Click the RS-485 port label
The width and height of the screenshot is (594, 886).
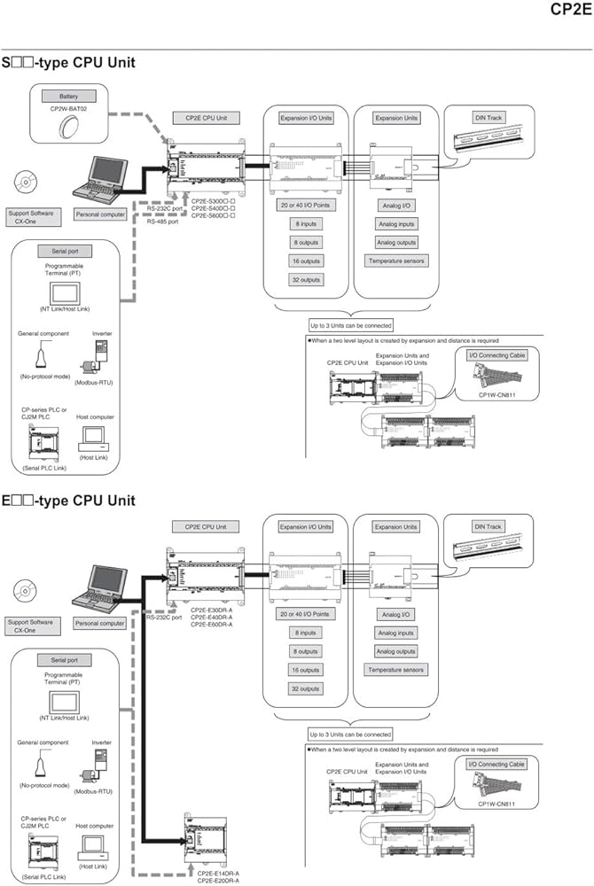163,221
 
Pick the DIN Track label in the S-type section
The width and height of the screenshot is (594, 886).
488,117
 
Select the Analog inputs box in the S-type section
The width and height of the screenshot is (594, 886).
395,223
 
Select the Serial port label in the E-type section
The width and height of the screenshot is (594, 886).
64,660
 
